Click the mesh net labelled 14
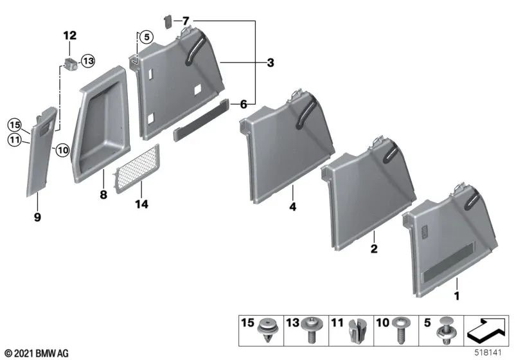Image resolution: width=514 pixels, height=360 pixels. tap(137, 169)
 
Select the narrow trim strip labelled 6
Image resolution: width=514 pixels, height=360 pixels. tap(201, 120)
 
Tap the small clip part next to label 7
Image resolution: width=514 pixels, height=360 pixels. tap(168, 22)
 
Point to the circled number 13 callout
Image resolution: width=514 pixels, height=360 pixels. tap(88, 61)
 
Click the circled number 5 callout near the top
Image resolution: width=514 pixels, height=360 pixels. tap(146, 37)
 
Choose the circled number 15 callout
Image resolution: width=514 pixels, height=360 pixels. tap(14, 125)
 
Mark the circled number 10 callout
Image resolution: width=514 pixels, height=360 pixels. tap(62, 150)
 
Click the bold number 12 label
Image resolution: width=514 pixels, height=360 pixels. tap(70, 35)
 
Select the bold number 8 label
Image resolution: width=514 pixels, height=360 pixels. tap(103, 195)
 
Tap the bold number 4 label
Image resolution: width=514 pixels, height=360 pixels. tap(293, 206)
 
